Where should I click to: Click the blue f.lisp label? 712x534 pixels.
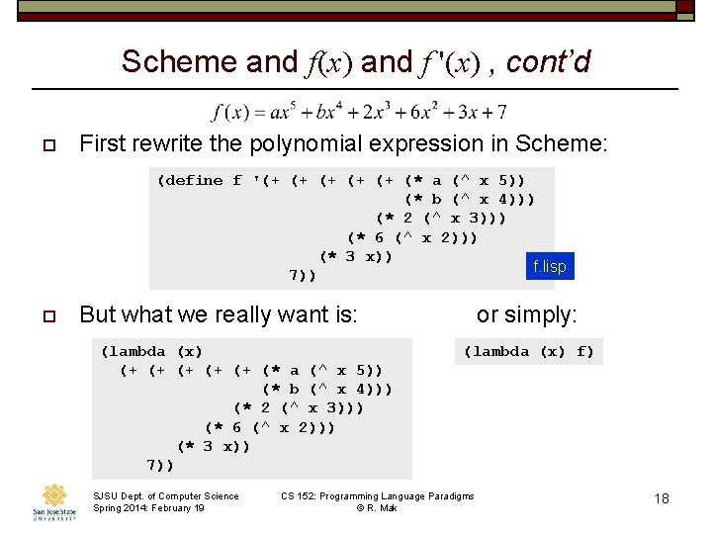pos(549,266)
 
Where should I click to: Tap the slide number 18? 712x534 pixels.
pos(662,498)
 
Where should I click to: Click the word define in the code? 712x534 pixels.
pos(195,181)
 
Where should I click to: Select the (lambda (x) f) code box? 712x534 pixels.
pos(529,351)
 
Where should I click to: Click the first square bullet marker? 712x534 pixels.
pos(46,145)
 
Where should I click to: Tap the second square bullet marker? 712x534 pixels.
pos(46,315)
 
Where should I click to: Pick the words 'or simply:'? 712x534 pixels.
pos(526,314)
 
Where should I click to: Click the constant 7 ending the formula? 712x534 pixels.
pos(501,112)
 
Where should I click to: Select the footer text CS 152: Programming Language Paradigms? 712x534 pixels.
pos(377,495)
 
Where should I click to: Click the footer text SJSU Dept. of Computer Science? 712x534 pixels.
pos(165,495)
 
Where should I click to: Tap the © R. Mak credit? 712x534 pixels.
pos(377,508)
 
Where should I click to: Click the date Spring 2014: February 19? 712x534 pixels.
pos(148,508)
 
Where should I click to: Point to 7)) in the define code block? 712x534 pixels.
pos(302,275)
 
